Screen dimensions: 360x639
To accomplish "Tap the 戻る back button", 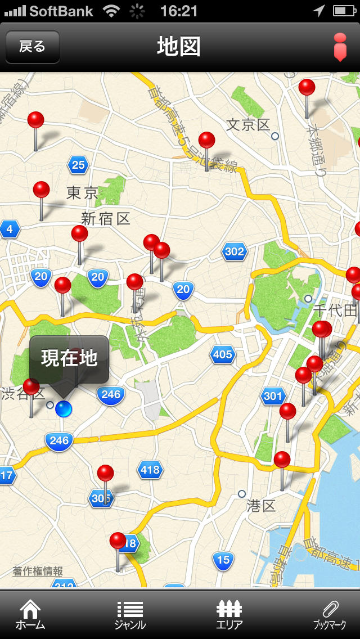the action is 32,47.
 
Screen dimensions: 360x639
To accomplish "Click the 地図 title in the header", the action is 179,47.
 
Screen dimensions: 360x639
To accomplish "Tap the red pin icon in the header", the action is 340,47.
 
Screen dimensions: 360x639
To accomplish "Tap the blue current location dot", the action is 64,409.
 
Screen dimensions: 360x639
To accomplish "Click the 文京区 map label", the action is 248,125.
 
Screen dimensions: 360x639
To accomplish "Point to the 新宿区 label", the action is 106,218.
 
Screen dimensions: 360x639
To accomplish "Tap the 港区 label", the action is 261,506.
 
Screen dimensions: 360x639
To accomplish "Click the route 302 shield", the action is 234,251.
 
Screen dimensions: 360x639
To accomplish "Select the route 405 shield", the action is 223,354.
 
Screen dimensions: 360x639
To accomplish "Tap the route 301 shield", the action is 273,396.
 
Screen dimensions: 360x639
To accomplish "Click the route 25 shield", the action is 78,165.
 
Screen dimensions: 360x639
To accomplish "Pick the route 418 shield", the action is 150,470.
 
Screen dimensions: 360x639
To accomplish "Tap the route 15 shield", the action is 223,560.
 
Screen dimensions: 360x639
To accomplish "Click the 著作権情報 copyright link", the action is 38,571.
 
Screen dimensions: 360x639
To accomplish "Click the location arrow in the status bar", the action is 318,10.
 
